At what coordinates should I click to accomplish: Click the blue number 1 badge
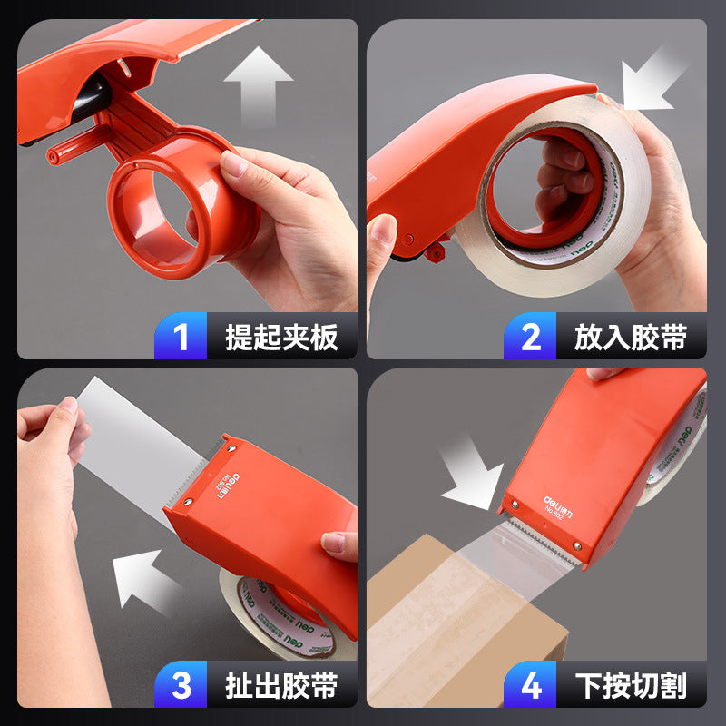181,337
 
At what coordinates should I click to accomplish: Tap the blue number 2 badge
531,337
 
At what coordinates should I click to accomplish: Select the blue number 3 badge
181,685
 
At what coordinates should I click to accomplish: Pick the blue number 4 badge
531,685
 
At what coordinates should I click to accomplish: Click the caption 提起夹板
281,338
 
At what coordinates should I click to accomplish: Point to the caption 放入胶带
630,338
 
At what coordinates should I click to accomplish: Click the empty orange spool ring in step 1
181,204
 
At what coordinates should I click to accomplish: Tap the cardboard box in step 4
454,626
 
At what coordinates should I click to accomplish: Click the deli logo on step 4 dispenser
555,505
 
